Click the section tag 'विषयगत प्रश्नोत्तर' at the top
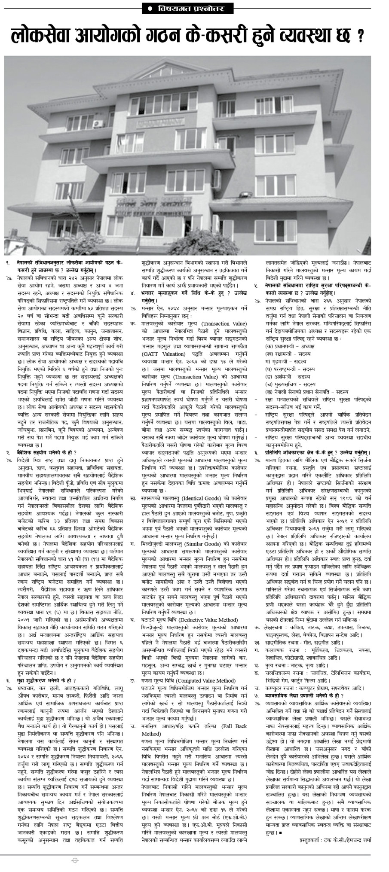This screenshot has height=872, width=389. point(195,9)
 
